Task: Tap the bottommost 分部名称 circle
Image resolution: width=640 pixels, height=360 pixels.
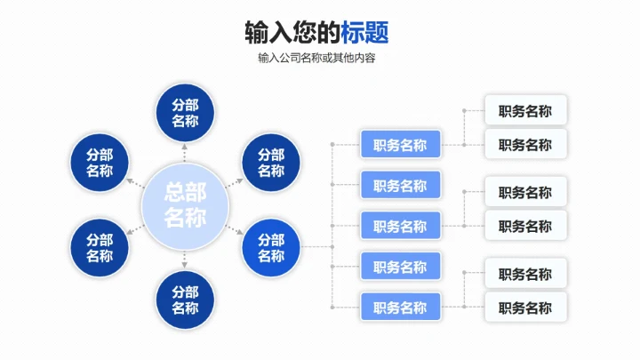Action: coord(185,300)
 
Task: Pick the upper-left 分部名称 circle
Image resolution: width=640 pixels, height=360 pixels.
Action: coord(100,163)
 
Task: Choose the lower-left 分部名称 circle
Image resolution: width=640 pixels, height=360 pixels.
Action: coord(100,248)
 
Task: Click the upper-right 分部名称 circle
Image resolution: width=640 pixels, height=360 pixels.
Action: coord(271,163)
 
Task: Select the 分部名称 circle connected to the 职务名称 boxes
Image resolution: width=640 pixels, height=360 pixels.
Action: coord(271,248)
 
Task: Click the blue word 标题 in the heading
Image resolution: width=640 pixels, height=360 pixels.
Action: coord(364,33)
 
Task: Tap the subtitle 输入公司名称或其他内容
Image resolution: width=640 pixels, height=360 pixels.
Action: coord(316,59)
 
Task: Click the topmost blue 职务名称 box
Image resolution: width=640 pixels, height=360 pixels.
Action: coord(400,145)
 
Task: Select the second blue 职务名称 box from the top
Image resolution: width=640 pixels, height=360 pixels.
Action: coord(400,185)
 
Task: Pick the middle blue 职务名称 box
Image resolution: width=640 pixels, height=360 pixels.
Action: coord(400,226)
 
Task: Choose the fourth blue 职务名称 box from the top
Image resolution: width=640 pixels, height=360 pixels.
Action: coord(400,267)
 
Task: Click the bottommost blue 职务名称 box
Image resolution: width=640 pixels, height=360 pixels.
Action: coord(400,308)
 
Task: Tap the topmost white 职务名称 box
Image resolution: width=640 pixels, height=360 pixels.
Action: coord(525,111)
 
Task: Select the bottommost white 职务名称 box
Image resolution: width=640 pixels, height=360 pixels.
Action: coord(525,308)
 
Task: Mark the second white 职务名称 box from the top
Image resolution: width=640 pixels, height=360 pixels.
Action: coord(525,144)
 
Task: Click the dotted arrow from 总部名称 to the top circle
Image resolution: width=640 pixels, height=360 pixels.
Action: coord(185,152)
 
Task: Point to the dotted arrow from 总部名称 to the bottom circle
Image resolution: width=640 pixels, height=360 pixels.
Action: coord(185,260)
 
